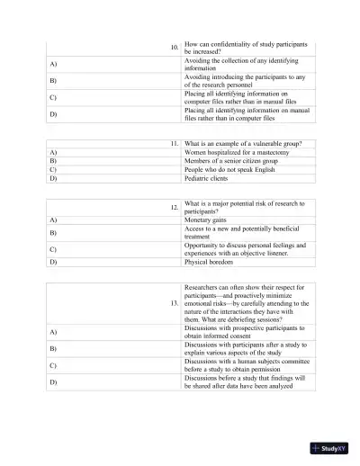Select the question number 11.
(x=175, y=144)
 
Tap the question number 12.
(x=175, y=208)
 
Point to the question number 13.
(x=175, y=303)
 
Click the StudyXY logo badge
(x=328, y=447)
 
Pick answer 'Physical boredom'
(x=210, y=262)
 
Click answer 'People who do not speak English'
(x=231, y=169)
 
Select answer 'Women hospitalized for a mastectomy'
(x=238, y=153)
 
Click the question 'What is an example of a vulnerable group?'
(x=243, y=144)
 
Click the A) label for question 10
(x=54, y=64)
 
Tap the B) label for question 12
(x=54, y=233)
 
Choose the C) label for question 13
(x=54, y=365)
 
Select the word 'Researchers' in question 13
(x=204, y=287)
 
